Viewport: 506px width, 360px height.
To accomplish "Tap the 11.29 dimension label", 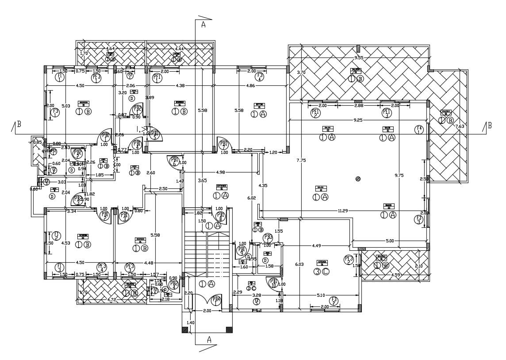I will tap(343, 211).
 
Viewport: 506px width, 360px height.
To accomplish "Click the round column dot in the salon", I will tap(358, 179).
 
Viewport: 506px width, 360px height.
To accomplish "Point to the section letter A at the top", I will tap(203, 25).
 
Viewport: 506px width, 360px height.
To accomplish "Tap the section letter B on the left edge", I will tap(18, 126).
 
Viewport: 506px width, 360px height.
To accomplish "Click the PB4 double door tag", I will tap(216, 301).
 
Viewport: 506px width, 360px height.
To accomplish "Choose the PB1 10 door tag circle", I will tap(274, 283).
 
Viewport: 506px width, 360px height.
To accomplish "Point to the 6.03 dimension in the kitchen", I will tap(300, 264).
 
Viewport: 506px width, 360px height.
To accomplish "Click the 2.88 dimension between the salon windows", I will tap(359, 106).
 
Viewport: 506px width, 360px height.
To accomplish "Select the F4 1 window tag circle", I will tap(419, 130).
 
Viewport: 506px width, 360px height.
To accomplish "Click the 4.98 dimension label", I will tap(223, 172).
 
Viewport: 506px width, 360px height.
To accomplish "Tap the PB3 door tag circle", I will tap(267, 238).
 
